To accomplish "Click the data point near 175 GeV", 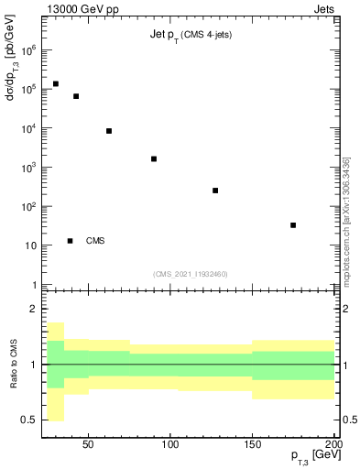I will click(x=293, y=224).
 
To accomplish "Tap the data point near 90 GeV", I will click(x=154, y=158).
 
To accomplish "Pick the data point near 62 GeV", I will click(x=109, y=131).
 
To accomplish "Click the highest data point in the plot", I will click(x=56, y=83).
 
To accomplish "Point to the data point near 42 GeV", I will click(x=76, y=96).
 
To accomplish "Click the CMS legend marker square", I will click(x=70, y=241).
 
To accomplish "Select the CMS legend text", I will click(x=95, y=241).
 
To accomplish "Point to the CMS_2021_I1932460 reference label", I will click(x=191, y=274).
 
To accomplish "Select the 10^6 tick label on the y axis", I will click(x=27, y=51).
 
